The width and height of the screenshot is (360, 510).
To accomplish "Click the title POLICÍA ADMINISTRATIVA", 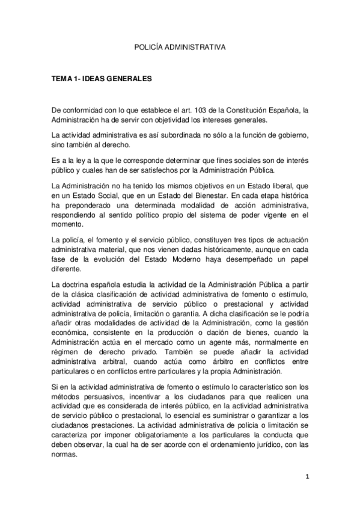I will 180,45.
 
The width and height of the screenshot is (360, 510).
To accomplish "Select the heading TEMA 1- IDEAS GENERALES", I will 102,79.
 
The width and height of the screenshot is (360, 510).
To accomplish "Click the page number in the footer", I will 307,478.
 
